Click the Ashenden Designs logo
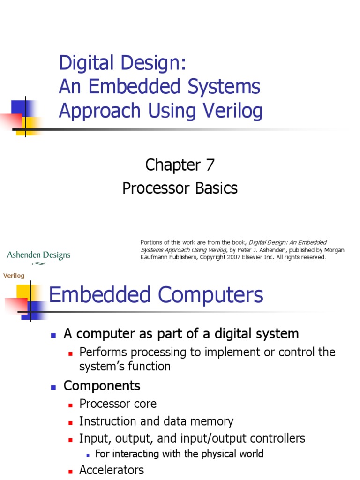tap(38, 256)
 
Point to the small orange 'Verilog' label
tap(14, 276)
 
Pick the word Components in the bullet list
tap(102, 386)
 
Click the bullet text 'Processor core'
tap(118, 404)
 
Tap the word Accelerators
tap(112, 470)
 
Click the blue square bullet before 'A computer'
tap(53, 335)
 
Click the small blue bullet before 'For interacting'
tap(88, 454)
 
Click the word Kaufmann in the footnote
tap(155, 257)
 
